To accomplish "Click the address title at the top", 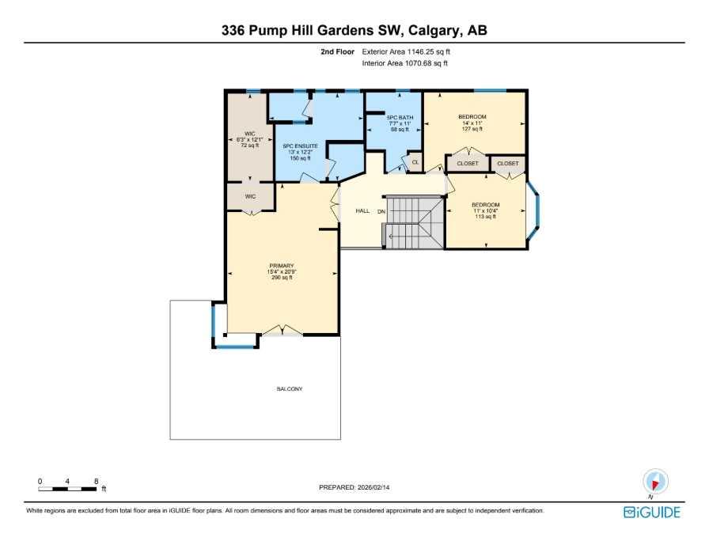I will click(x=354, y=31).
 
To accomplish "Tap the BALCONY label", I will click(x=290, y=389).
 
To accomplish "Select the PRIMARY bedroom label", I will click(x=281, y=266).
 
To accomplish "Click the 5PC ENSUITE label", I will click(x=301, y=146).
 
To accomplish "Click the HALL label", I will click(x=362, y=211).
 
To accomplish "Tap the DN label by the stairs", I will click(x=381, y=212).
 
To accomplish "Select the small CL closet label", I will click(x=415, y=163).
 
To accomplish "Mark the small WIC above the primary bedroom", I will click(x=250, y=196).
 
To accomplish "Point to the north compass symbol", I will click(x=656, y=481).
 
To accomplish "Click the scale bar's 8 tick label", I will click(x=96, y=481).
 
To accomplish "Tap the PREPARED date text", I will click(x=354, y=488).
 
